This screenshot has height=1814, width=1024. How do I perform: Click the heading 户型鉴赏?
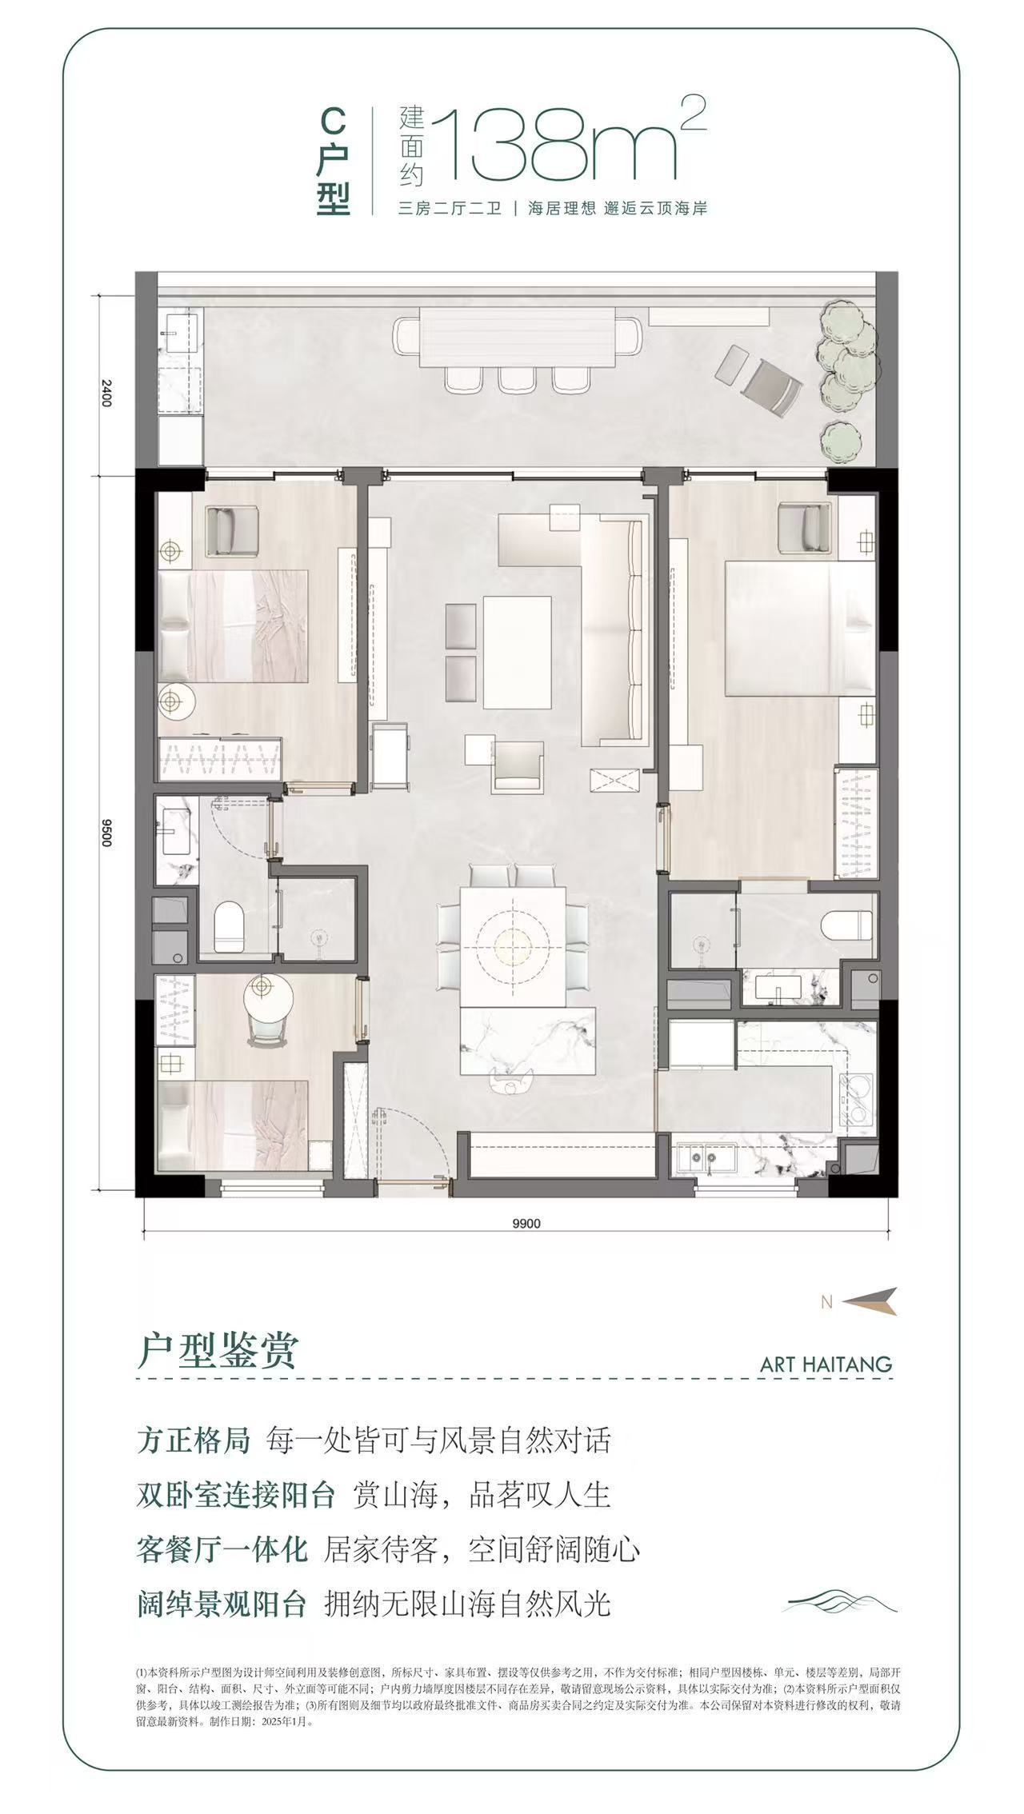[217, 1351]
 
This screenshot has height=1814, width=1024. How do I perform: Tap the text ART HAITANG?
[826, 1364]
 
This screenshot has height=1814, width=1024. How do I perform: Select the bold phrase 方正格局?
[194, 1440]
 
